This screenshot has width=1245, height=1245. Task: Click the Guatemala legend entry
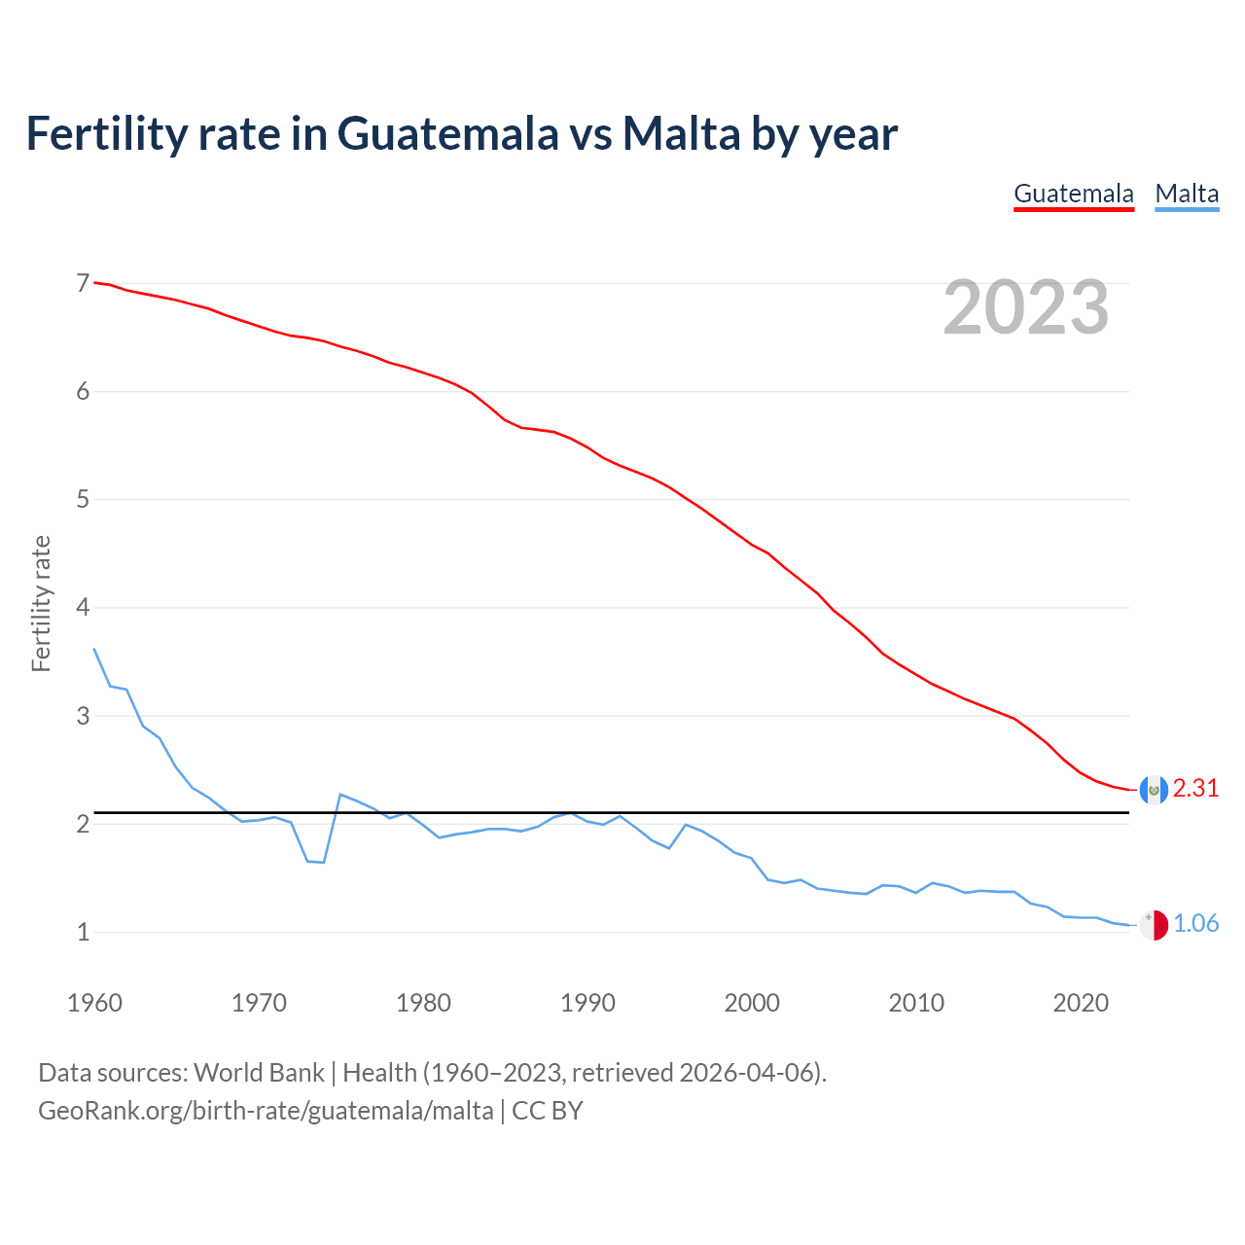coord(1074,194)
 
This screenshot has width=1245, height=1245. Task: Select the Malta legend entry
coord(1187,194)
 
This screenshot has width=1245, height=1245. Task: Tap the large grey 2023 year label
coord(1026,307)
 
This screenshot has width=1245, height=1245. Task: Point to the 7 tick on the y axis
coord(83,284)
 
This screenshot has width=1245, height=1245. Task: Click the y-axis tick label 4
coord(83,608)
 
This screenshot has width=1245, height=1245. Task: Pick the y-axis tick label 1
coord(83,933)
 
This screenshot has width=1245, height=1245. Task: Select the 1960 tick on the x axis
coord(94,1003)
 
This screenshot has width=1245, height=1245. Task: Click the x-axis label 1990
coord(587,1003)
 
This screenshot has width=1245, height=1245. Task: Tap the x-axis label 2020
coord(1081,1003)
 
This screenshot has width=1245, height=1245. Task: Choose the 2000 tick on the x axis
coord(752,1003)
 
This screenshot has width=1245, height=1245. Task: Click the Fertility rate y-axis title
coord(41,603)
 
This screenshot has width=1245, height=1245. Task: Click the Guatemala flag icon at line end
coord(1154,790)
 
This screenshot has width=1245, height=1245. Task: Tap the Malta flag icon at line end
coord(1154,925)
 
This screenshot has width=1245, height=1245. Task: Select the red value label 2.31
coord(1195,789)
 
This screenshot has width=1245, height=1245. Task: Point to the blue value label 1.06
coord(1195,924)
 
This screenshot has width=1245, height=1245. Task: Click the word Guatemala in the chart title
coord(447,133)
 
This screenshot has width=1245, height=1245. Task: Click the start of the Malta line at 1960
coord(94,649)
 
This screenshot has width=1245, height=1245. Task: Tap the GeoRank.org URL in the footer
coord(266,1111)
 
